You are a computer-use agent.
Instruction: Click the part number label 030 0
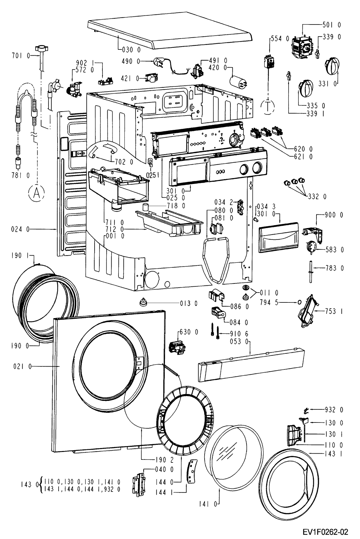click(131, 50)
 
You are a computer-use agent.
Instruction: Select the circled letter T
click(267, 106)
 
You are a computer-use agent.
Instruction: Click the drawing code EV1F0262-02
click(325, 531)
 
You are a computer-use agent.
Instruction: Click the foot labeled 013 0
click(143, 302)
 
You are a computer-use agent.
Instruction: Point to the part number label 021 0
click(23, 367)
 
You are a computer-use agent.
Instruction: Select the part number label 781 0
click(20, 175)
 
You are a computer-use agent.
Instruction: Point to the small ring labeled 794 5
click(299, 302)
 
